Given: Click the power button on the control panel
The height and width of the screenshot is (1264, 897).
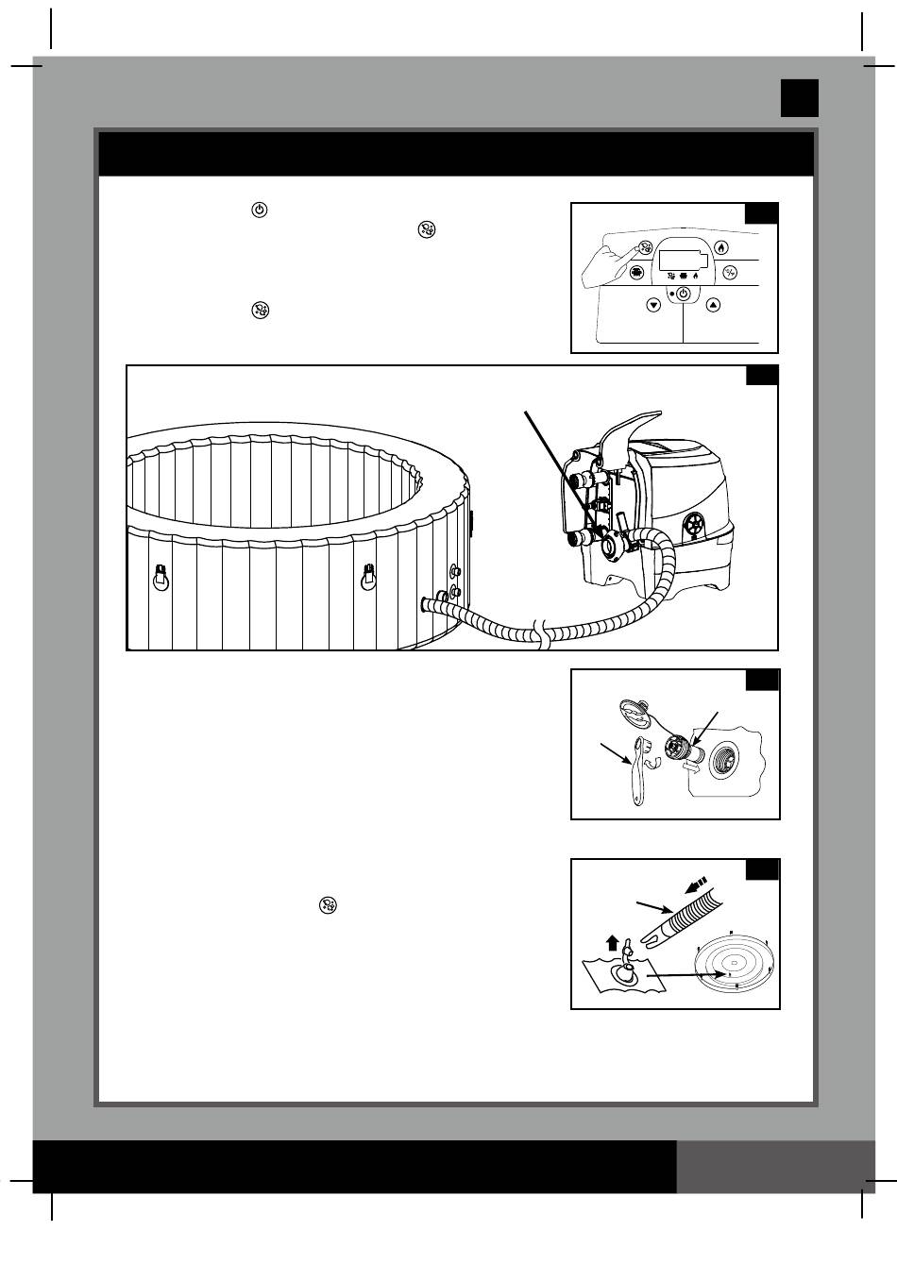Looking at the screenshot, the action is [x=683, y=295].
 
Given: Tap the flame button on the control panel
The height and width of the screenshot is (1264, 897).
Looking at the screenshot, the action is [x=721, y=248].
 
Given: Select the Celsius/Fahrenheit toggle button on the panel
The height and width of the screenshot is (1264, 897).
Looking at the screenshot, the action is [x=730, y=273].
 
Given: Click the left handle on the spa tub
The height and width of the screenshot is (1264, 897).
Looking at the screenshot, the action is [x=161, y=577].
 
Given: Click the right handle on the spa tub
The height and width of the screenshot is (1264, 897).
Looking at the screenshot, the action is [x=370, y=577].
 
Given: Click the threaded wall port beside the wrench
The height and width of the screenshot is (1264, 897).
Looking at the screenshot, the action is [x=725, y=757].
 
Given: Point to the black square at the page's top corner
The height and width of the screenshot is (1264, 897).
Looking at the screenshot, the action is [x=799, y=98].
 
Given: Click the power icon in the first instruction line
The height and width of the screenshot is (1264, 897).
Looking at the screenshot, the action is [x=260, y=210].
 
